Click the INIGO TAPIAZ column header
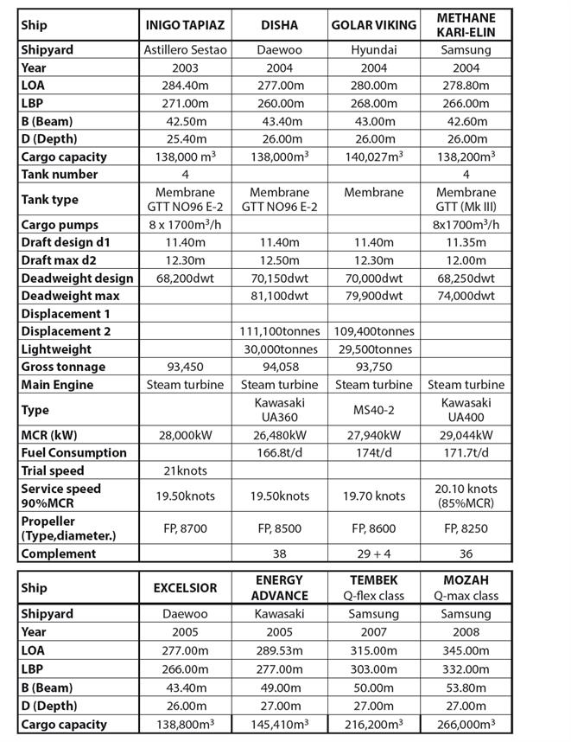pos(185,24)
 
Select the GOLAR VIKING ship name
pos(374,24)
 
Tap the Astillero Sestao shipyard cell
pos(185,49)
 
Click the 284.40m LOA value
pos(185,85)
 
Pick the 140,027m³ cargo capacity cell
pos(374,157)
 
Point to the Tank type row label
pos(49,200)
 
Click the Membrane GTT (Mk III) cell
pos(466,200)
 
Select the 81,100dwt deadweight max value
pos(280,296)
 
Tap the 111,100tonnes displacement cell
pos(280,331)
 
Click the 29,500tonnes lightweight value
pos(374,349)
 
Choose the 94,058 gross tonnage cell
pos(280,367)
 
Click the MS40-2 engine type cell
pos(374,410)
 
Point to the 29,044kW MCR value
pos(466,435)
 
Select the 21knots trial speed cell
pos(185,470)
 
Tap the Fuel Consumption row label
pos(73,452)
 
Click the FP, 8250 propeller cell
pos(466,528)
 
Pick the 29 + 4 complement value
pos(374,553)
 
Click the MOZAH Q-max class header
pos(466,588)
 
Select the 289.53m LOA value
pos(280,649)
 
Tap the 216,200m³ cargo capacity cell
pos(374,725)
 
